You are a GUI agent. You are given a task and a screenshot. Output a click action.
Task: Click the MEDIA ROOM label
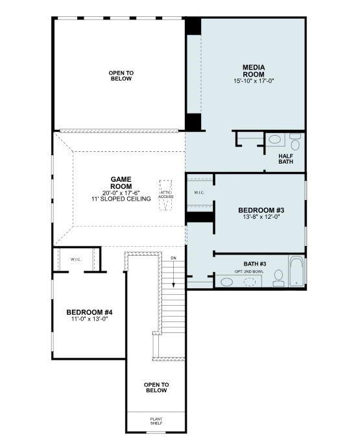pos(254,71)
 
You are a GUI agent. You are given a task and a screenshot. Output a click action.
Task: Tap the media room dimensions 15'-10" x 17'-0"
pos(254,82)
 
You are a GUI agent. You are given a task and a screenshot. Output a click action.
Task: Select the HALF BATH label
pos(286,159)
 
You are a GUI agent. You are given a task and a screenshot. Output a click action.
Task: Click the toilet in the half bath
pos(295,140)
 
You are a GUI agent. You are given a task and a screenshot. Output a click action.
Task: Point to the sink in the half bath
pos(275,139)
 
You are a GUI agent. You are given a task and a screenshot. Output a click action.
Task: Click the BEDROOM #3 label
pos(261,210)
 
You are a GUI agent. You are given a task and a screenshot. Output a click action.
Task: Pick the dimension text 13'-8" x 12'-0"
pos(261,217)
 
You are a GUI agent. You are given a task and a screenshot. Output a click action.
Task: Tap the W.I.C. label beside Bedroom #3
pos(200,193)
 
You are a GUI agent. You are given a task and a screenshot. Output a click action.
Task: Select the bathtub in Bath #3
pos(296,273)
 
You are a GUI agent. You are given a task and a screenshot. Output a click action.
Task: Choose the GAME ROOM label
pos(121,182)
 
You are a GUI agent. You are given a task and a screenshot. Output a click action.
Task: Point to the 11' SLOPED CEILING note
pos(121,198)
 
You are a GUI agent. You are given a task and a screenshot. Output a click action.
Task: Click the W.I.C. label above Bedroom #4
pos(77,259)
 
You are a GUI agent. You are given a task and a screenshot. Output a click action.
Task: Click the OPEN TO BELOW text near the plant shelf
pos(156,387)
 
